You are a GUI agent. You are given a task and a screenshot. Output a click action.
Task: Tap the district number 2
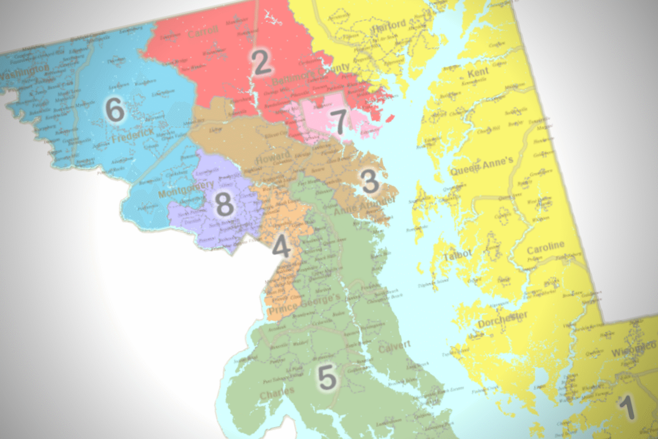click(x=261, y=63)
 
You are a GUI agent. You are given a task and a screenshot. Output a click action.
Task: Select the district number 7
click(x=340, y=122)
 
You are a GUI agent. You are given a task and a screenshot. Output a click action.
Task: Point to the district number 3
click(x=370, y=181)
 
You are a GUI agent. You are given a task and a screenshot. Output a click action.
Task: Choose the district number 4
click(x=281, y=247)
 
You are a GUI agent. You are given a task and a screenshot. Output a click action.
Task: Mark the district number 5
click(x=327, y=378)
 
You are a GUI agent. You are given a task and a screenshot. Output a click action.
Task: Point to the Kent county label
click(x=478, y=73)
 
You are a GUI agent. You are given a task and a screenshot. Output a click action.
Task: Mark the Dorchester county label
click(x=502, y=320)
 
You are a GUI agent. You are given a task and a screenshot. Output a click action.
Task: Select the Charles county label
click(x=277, y=392)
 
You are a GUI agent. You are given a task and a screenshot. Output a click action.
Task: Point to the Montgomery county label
click(x=185, y=189)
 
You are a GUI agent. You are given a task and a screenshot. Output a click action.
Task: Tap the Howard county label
click(x=272, y=158)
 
